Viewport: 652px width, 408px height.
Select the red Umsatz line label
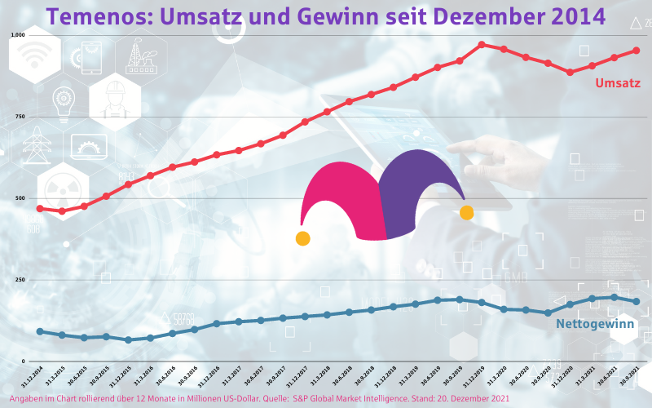[617, 83]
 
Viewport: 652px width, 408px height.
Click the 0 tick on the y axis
[23, 361]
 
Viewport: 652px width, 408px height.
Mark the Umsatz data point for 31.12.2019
[482, 45]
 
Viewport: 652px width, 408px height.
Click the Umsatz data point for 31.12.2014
[40, 209]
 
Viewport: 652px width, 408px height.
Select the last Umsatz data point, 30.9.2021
[637, 51]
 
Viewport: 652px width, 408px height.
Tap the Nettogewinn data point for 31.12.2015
[129, 339]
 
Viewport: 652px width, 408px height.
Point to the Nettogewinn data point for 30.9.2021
[637, 302]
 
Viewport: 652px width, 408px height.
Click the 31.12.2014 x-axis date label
[33, 377]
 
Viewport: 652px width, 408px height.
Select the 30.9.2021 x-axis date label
[629, 377]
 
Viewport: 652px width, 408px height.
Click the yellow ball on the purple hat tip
[467, 213]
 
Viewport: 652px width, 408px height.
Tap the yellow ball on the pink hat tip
[302, 239]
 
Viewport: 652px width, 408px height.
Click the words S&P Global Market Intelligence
[350, 398]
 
